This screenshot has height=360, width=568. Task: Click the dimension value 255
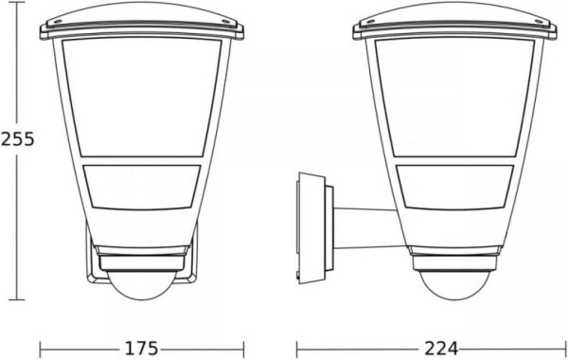point(18,138)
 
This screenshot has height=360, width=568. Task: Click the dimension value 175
point(142,348)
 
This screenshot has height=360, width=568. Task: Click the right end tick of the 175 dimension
point(245,348)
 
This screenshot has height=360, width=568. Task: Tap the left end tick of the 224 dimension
point(297,348)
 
